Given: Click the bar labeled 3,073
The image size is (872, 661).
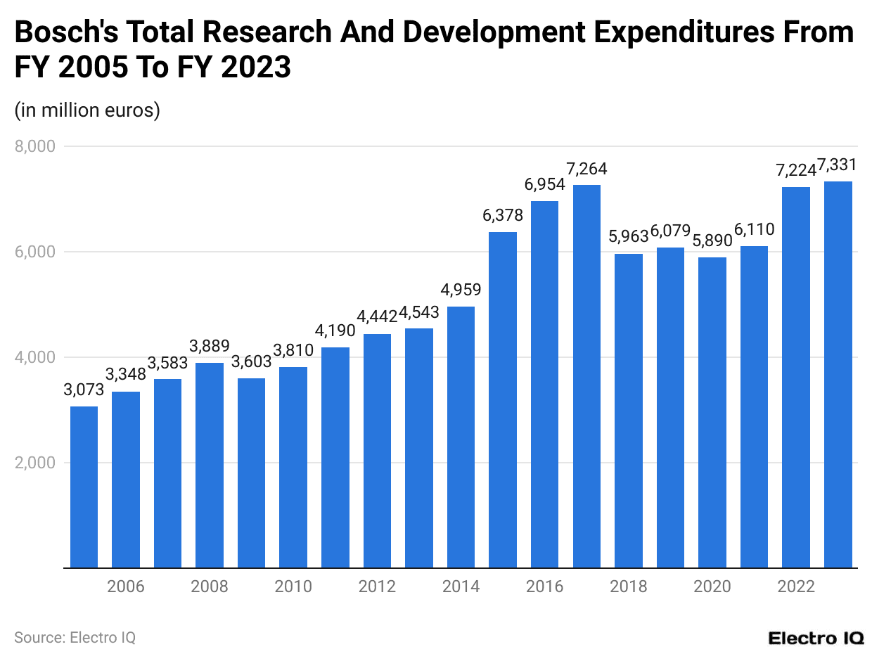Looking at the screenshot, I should click(84, 487).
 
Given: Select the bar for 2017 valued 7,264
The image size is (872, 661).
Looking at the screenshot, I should click(586, 376).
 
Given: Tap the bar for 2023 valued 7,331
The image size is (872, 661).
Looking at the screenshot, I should click(838, 374).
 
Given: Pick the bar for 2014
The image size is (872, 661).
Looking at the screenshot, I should click(461, 437).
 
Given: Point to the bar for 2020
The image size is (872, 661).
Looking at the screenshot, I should click(712, 412).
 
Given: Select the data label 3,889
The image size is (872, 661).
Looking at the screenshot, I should click(210, 346).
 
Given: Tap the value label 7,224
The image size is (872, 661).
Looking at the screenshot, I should click(795, 170).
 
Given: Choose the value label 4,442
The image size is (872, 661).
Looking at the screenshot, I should click(377, 316).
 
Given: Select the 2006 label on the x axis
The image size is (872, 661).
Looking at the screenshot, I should click(125, 586).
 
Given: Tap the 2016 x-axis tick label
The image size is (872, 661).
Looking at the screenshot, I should click(544, 586).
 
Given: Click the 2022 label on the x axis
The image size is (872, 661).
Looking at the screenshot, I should click(795, 586).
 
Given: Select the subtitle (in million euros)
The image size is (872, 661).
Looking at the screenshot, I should click(87, 110).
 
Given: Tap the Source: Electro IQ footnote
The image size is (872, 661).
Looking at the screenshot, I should click(75, 638).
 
